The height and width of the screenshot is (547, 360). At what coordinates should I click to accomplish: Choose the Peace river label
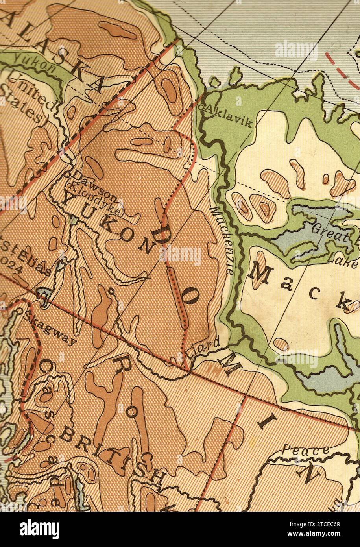[306, 451]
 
